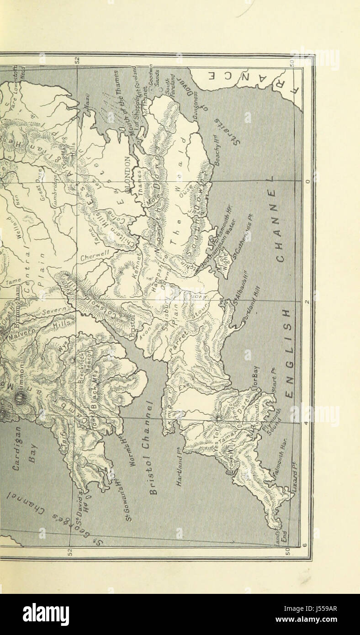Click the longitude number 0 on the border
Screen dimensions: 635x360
pos(307,181)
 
